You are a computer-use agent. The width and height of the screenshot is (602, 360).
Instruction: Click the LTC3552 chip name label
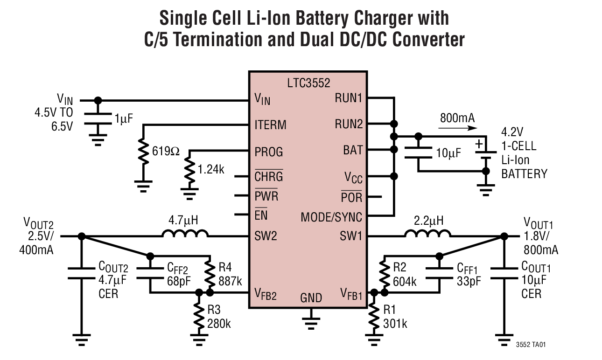(308, 83)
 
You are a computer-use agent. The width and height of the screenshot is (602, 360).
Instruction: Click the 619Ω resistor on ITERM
(143, 152)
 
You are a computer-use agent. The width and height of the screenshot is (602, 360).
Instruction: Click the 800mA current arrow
(457, 127)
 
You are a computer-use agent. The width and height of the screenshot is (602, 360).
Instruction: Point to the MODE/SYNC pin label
(331, 217)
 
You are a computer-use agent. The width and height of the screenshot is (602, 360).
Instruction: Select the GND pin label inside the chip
(310, 298)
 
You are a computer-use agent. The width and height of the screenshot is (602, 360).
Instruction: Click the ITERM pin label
(271, 125)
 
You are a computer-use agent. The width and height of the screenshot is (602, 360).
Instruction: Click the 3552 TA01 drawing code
(531, 345)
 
